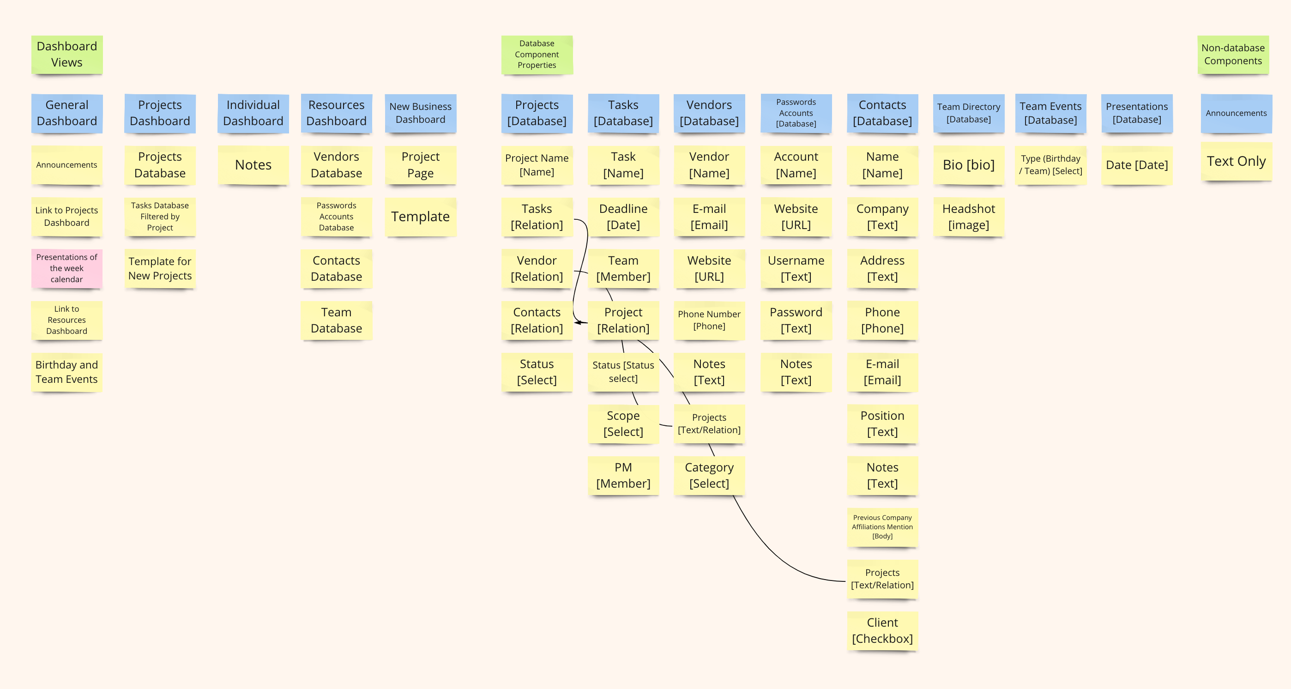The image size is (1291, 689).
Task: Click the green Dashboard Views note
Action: click(x=66, y=54)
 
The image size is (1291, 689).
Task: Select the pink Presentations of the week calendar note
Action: click(x=66, y=268)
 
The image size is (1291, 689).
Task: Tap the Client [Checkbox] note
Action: click(x=882, y=630)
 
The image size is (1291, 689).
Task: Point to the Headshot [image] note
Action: click(x=968, y=217)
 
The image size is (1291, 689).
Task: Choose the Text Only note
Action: click(x=1236, y=161)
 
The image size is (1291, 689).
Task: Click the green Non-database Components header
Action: click(x=1233, y=54)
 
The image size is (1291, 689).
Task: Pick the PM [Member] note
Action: click(x=623, y=475)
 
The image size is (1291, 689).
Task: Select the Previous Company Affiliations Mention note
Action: click(x=882, y=526)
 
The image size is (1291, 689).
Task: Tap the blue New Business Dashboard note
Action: click(x=420, y=113)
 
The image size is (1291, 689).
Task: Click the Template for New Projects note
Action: click(x=160, y=268)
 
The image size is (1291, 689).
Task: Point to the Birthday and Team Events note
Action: click(x=66, y=372)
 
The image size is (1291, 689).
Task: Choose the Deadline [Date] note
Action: click(x=623, y=217)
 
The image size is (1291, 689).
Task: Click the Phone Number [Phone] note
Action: click(x=709, y=320)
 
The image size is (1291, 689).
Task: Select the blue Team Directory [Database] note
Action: click(x=968, y=113)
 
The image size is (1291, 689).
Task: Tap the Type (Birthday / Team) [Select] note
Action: click(x=1050, y=165)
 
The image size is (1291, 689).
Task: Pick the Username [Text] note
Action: click(x=796, y=268)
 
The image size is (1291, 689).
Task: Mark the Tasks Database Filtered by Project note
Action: click(x=160, y=217)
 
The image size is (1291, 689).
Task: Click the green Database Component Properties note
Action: click(x=537, y=54)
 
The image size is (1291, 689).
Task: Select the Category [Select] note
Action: click(x=709, y=475)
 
